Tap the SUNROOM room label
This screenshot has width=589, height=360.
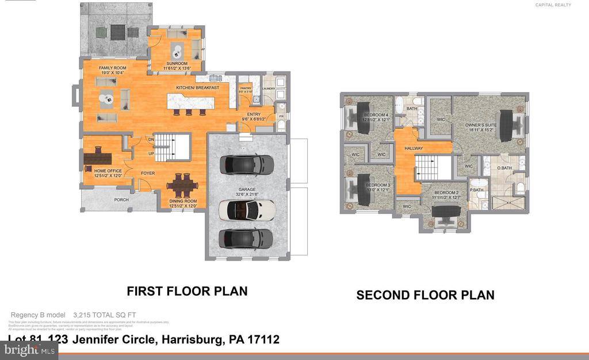(176, 65)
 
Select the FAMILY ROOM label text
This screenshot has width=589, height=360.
(113, 68)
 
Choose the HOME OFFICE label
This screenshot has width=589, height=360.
(98, 170)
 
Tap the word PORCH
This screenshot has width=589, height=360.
(121, 200)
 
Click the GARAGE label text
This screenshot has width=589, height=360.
(247, 189)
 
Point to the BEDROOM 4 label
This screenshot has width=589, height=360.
(377, 115)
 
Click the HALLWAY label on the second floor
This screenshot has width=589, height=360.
(414, 148)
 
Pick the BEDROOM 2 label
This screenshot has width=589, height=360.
(446, 193)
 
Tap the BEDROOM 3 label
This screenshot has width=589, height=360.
(378, 185)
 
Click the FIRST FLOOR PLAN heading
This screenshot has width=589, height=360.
(187, 292)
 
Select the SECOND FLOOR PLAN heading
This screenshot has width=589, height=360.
(425, 296)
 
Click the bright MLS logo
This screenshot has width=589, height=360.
(29, 350)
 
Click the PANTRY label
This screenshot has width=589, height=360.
(246, 89)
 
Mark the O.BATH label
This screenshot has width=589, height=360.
(504, 168)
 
